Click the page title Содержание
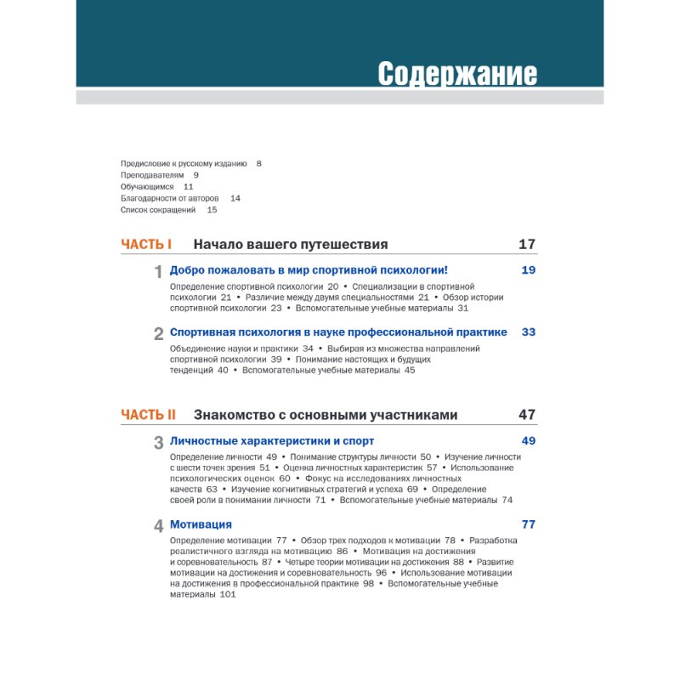click(x=456, y=74)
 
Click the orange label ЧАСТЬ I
click(x=146, y=245)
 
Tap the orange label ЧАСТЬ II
click(x=148, y=415)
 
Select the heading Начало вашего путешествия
click(x=291, y=245)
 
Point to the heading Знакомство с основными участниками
click(x=326, y=415)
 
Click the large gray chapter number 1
click(x=158, y=272)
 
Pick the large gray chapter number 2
click(x=158, y=334)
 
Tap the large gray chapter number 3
click(x=158, y=443)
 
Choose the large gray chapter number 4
click(x=158, y=526)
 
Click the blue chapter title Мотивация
click(x=201, y=524)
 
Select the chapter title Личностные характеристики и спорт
click(x=272, y=441)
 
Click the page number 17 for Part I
click(x=527, y=245)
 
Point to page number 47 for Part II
click(x=527, y=415)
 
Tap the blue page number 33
click(x=529, y=332)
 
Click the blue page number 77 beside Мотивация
click(x=529, y=524)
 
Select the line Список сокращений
click(x=159, y=210)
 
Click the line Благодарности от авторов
click(x=170, y=198)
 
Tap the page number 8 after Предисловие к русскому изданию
click(x=259, y=162)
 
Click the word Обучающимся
click(x=147, y=186)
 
